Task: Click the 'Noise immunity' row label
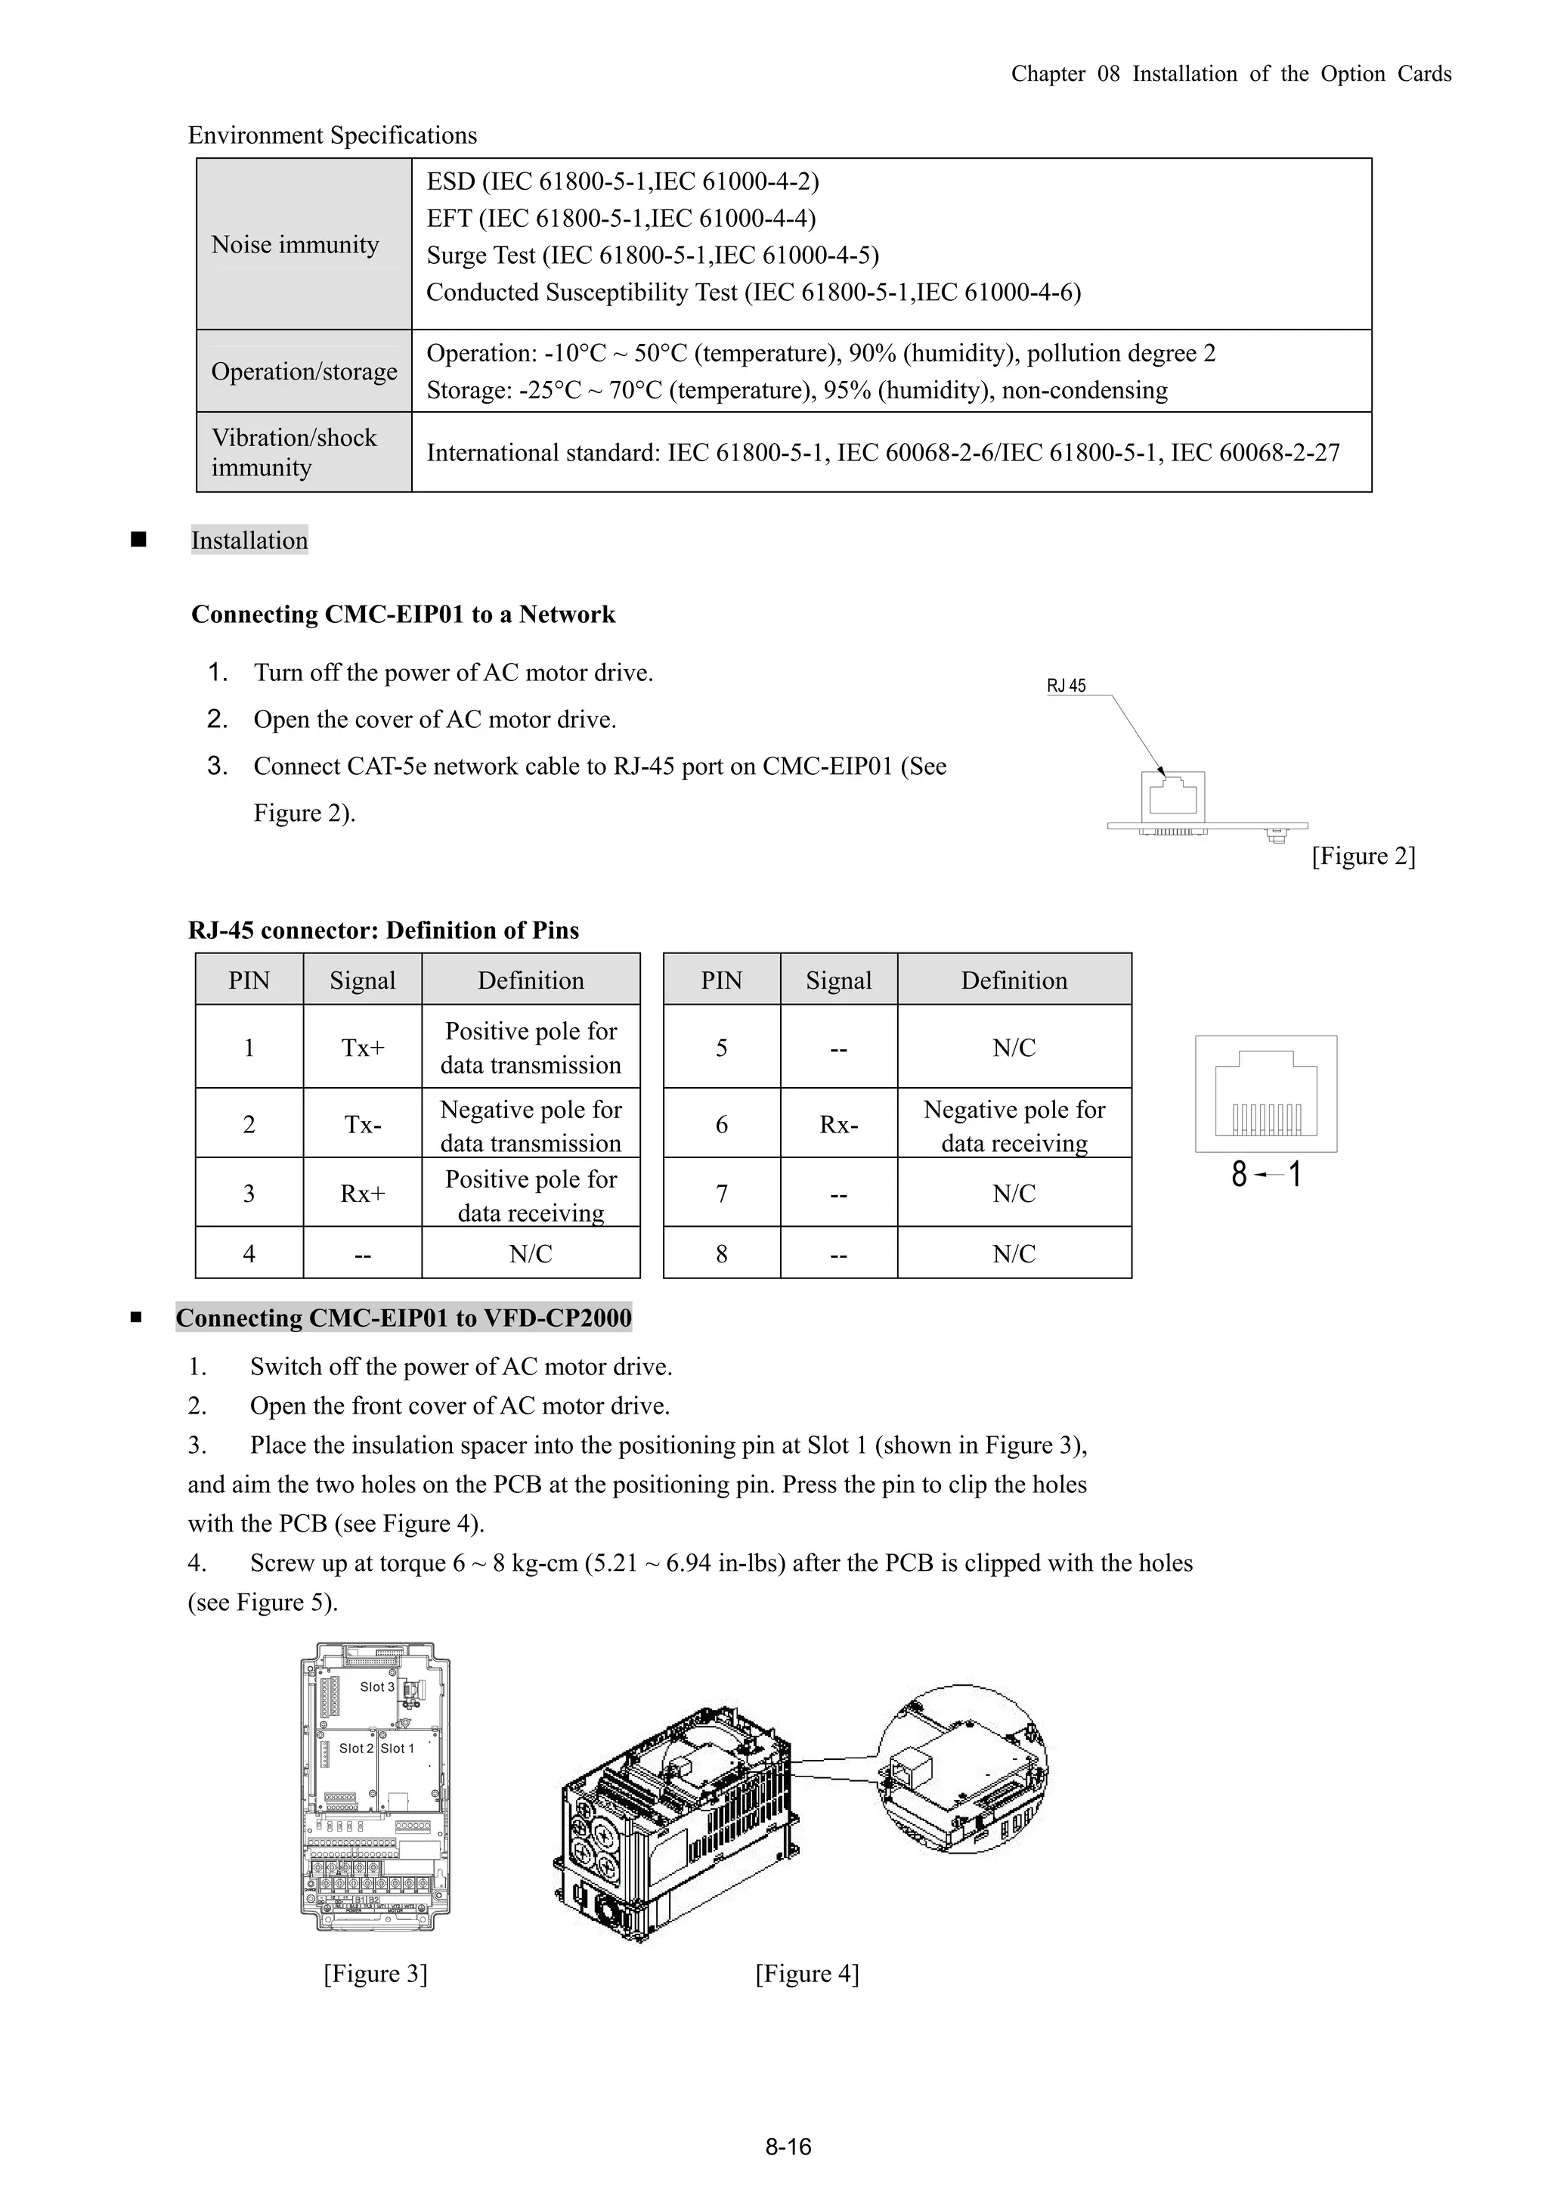pyautogui.click(x=295, y=245)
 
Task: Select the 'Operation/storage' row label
pyautogui.click(x=303, y=372)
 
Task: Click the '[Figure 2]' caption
pyautogui.click(x=1363, y=856)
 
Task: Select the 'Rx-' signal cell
pyautogui.click(x=838, y=1125)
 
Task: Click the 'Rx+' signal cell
pyautogui.click(x=363, y=1193)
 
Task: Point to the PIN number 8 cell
pyautogui.click(x=721, y=1253)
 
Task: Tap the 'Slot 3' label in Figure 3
pyautogui.click(x=376, y=1687)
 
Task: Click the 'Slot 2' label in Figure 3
pyautogui.click(x=356, y=1749)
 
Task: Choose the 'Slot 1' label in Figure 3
pyautogui.click(x=398, y=1749)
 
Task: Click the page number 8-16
pyautogui.click(x=788, y=2147)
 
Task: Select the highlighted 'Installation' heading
pyautogui.click(x=249, y=541)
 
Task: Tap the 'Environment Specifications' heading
pyautogui.click(x=332, y=135)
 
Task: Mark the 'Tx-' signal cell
pyautogui.click(x=363, y=1125)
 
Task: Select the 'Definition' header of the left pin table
pyautogui.click(x=531, y=980)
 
